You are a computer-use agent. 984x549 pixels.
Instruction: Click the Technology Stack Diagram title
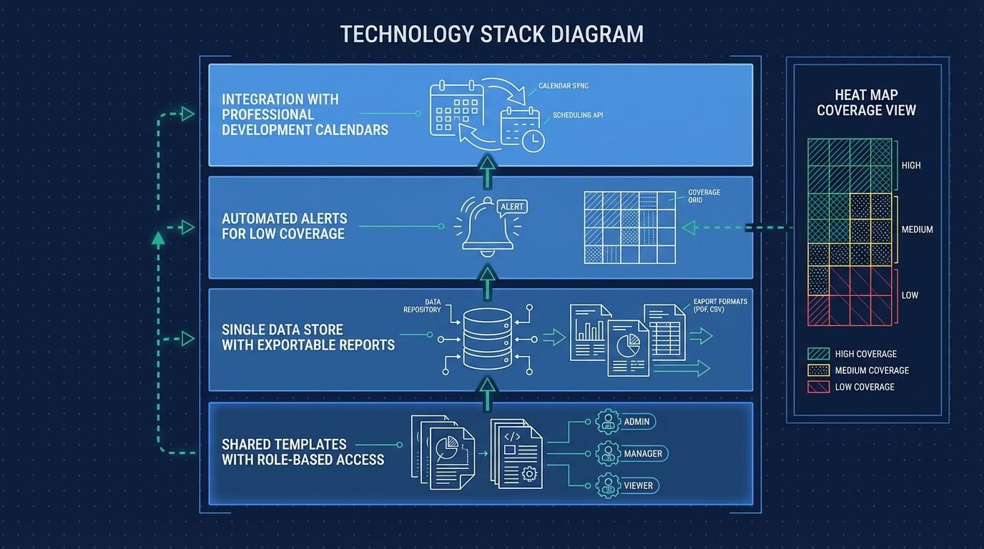(x=491, y=34)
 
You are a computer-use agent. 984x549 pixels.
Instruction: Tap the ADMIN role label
(x=636, y=422)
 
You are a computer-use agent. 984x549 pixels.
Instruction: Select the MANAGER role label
(x=642, y=454)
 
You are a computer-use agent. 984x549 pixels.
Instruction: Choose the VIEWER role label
(x=638, y=486)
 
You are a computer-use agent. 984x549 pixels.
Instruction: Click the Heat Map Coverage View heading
(x=866, y=103)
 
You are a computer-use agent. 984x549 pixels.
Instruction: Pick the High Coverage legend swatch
(x=817, y=354)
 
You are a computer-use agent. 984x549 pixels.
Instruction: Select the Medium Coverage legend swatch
(x=817, y=370)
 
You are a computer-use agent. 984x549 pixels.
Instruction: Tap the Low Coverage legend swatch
(x=817, y=387)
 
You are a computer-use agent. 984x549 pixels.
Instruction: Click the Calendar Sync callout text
(x=564, y=86)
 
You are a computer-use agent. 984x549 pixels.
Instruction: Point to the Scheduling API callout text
(x=577, y=115)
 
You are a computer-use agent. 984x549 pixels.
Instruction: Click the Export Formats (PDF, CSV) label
(x=719, y=305)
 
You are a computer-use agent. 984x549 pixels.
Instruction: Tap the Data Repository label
(x=422, y=306)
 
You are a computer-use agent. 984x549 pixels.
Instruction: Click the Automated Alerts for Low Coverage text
(x=284, y=226)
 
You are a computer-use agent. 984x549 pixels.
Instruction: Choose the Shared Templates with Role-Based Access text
(x=302, y=452)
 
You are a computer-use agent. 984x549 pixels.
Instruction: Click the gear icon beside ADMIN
(x=607, y=422)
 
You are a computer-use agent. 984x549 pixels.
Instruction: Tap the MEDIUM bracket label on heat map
(x=916, y=229)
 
